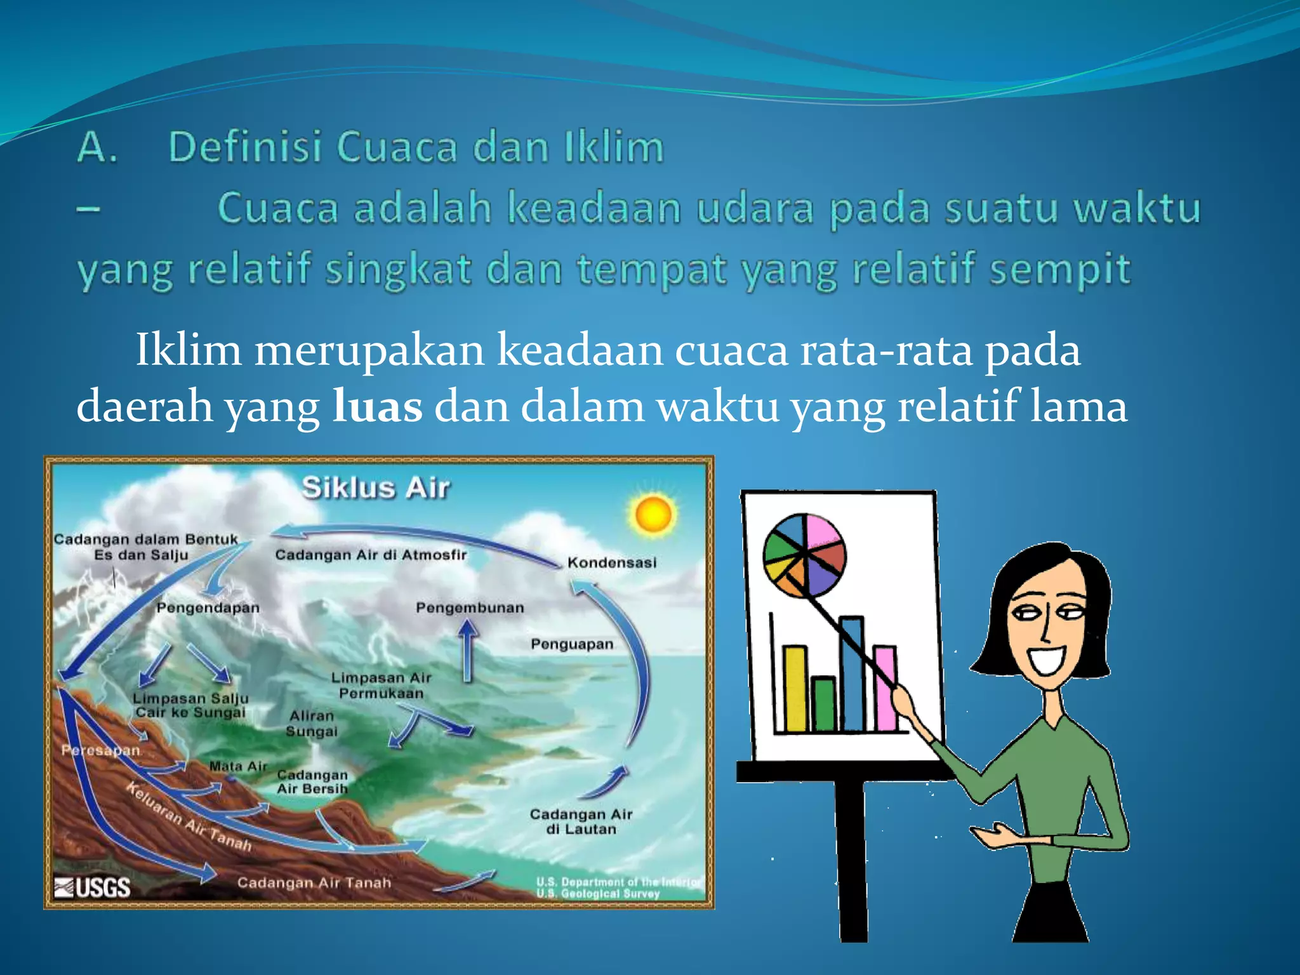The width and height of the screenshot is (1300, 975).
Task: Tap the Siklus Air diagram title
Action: coord(376,488)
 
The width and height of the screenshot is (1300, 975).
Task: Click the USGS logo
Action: coord(93,887)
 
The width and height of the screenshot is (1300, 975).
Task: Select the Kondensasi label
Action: coord(612,562)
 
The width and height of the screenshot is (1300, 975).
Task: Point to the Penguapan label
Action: coord(572,644)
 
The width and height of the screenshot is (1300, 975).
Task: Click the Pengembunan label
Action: coord(470,607)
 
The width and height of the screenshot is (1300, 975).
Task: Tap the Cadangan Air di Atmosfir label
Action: coord(371,555)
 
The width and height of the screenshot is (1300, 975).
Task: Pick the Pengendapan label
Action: coord(208,607)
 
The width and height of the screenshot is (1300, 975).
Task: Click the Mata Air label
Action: coord(238,766)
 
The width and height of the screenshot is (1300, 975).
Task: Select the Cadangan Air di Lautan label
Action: coord(581,821)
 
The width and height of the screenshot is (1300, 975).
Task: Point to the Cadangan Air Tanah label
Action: coord(314,882)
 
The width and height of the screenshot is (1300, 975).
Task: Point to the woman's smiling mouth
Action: coord(1047,660)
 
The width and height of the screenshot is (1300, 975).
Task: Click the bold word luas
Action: coord(378,406)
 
